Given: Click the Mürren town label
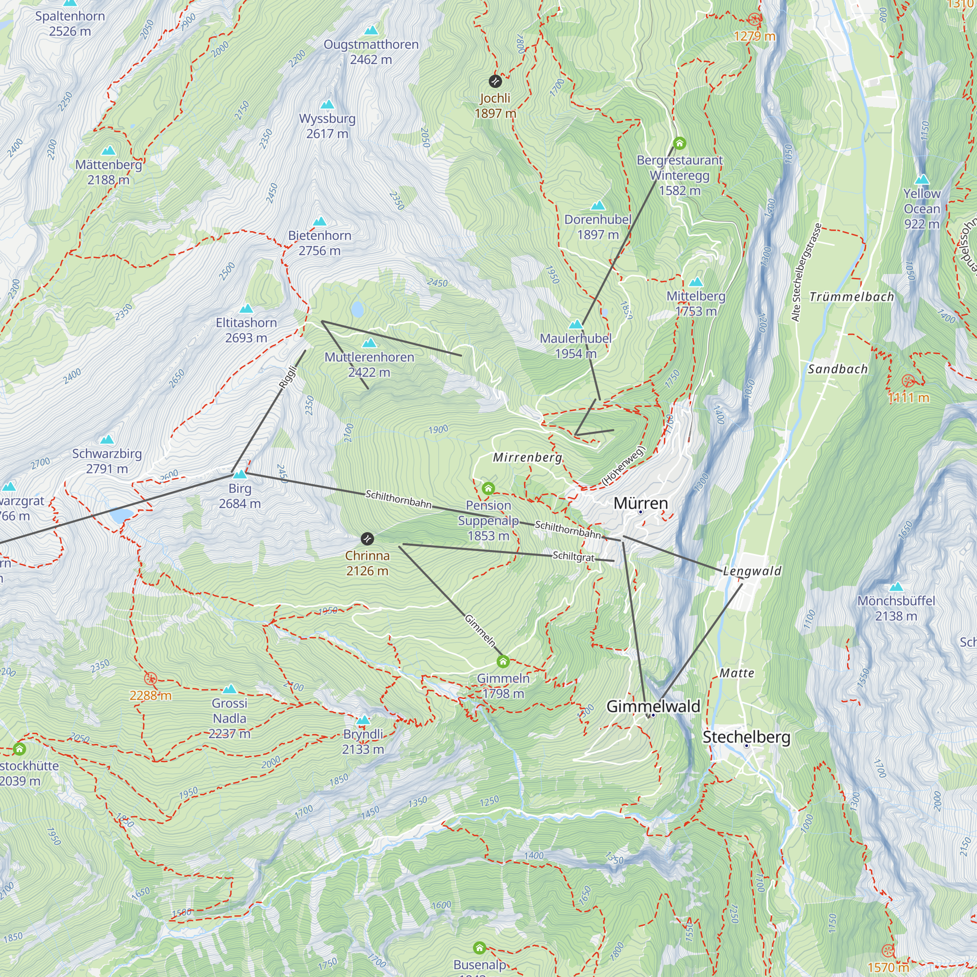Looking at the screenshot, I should coord(641,503).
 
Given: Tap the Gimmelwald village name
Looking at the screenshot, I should coord(653,706).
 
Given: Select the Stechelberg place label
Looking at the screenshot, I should coord(746,737).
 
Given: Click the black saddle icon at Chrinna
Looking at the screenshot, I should coord(368,538).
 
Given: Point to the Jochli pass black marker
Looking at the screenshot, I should coord(495,81).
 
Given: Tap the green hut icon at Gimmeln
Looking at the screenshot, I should coord(503,661).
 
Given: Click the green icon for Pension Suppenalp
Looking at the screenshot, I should coord(488,488).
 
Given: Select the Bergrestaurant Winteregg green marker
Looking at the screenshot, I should coord(679,144).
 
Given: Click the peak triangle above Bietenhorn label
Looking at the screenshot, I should coord(319,221).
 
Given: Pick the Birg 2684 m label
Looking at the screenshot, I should coord(240,496).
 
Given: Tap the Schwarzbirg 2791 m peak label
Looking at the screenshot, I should coord(106,461).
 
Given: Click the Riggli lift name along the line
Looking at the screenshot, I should coord(288,377).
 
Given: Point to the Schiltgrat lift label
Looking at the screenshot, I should coord(573,556).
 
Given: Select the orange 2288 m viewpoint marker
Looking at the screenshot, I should coord(150,679).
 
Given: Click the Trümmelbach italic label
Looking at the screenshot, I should coord(851,297).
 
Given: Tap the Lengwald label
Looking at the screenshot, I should coord(752,572).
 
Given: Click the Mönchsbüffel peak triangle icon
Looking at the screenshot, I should coord(896,587).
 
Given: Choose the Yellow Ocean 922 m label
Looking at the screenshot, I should coord(921,209).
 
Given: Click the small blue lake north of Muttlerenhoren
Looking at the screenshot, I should coord(358,309).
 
